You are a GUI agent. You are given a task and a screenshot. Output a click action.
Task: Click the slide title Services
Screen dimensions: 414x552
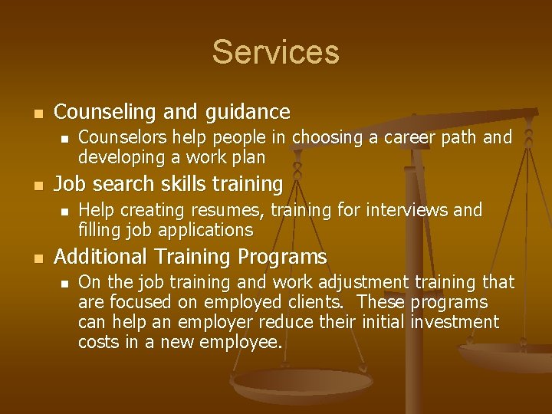click(x=275, y=52)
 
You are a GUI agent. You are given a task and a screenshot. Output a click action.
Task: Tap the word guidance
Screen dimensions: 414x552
click(x=248, y=112)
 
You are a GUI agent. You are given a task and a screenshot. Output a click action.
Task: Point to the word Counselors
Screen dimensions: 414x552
click(x=124, y=138)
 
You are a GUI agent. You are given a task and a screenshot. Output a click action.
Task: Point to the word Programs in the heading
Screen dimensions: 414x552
click(x=284, y=256)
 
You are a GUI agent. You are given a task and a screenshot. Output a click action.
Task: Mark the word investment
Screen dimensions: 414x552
click(x=455, y=322)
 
